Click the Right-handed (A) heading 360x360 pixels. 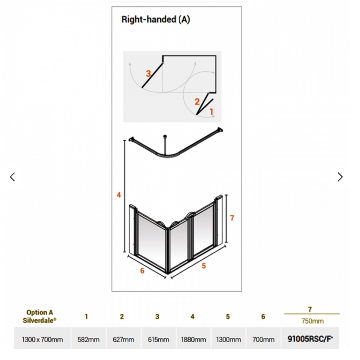tap(156, 20)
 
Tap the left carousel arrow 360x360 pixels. tap(12, 177)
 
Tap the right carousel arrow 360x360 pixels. tap(340, 177)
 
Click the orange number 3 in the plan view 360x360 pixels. tap(148, 73)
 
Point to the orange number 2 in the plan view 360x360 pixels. tap(197, 102)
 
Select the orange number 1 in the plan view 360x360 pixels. tap(211, 112)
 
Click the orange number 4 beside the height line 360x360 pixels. tap(119, 195)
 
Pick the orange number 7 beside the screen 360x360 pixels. tap(232, 218)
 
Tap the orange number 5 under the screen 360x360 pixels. tap(204, 266)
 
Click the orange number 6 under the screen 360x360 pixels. tap(142, 271)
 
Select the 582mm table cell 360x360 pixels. tap(88, 339)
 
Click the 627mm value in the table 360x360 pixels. tap(123, 339)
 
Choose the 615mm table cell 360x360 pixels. tap(158, 339)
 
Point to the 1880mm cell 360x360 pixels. tap(193, 339)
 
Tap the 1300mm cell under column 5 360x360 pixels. tap(228, 339)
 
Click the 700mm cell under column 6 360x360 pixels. tap(263, 339)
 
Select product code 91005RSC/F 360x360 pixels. tap(310, 339)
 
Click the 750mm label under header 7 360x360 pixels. tap(312, 321)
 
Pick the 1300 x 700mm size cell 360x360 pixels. tap(42, 339)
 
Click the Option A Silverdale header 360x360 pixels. tap(40, 316)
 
